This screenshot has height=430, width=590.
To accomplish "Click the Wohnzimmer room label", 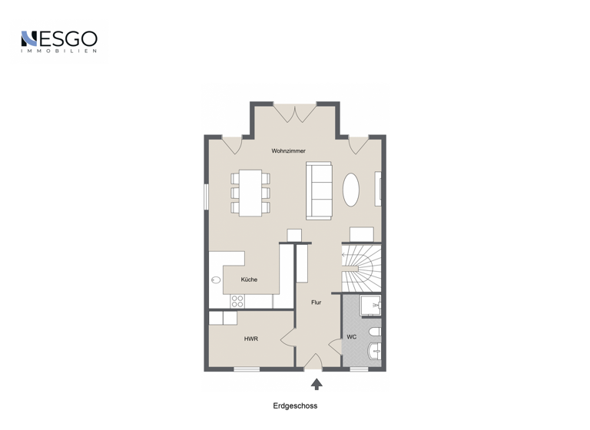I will (x=288, y=151).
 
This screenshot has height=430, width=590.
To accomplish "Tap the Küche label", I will (x=249, y=279).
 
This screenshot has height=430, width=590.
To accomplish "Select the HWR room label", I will (x=250, y=339).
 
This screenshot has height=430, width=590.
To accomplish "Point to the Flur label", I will (x=316, y=303).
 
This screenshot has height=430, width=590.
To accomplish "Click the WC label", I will (x=351, y=337).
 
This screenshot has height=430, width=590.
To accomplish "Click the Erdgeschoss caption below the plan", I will (x=295, y=406).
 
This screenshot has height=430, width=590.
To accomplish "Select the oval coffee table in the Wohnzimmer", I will (x=350, y=189).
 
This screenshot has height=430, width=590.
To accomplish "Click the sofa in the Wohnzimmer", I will (x=319, y=190).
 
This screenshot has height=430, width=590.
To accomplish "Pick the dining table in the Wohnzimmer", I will (x=250, y=192).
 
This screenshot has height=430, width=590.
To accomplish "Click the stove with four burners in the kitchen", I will (x=237, y=301).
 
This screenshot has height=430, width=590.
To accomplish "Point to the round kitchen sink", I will (x=216, y=280).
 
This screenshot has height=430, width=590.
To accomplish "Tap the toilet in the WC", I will (x=374, y=332).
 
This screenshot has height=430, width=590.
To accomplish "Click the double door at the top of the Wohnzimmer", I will (x=295, y=113).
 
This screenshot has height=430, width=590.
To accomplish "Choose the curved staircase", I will (x=360, y=266).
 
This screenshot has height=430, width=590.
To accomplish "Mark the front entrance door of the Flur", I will (x=313, y=362).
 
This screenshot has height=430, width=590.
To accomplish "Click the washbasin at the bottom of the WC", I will (x=374, y=352).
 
